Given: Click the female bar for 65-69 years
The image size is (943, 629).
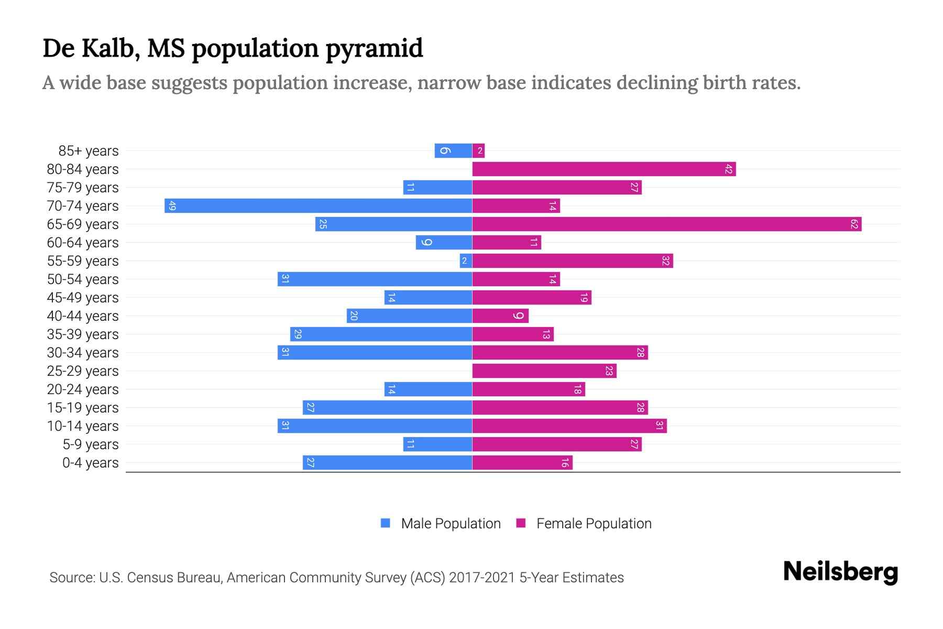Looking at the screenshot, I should [x=666, y=224].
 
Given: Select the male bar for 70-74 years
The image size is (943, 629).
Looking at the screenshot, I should [x=318, y=206].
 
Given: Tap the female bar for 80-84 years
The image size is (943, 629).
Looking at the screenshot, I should [x=604, y=169].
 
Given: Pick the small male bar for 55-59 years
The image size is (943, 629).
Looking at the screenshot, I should [x=466, y=261].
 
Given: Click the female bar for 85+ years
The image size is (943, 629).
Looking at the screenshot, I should [x=478, y=151].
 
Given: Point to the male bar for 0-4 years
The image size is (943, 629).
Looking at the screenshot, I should [x=387, y=463].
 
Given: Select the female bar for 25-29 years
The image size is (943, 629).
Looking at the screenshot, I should [x=544, y=371].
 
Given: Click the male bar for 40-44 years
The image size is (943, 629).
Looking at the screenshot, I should [x=409, y=316].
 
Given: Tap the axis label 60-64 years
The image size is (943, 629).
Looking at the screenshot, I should [x=83, y=243].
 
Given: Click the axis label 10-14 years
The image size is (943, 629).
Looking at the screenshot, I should [x=83, y=426].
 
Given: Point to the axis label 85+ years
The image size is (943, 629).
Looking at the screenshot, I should [x=89, y=151].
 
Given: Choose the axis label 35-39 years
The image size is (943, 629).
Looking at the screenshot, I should [x=83, y=334].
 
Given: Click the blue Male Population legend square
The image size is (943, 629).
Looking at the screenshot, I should [x=386, y=523].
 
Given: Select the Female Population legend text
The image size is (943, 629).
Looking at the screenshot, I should [x=594, y=524].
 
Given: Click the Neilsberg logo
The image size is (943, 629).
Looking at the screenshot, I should [x=840, y=571].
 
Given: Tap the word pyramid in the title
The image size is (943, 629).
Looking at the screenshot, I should [x=374, y=49].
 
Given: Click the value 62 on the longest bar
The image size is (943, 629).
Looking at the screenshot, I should [x=854, y=224].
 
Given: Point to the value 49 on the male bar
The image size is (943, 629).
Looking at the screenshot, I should [x=172, y=206].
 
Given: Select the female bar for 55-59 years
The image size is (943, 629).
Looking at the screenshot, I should [x=572, y=261].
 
